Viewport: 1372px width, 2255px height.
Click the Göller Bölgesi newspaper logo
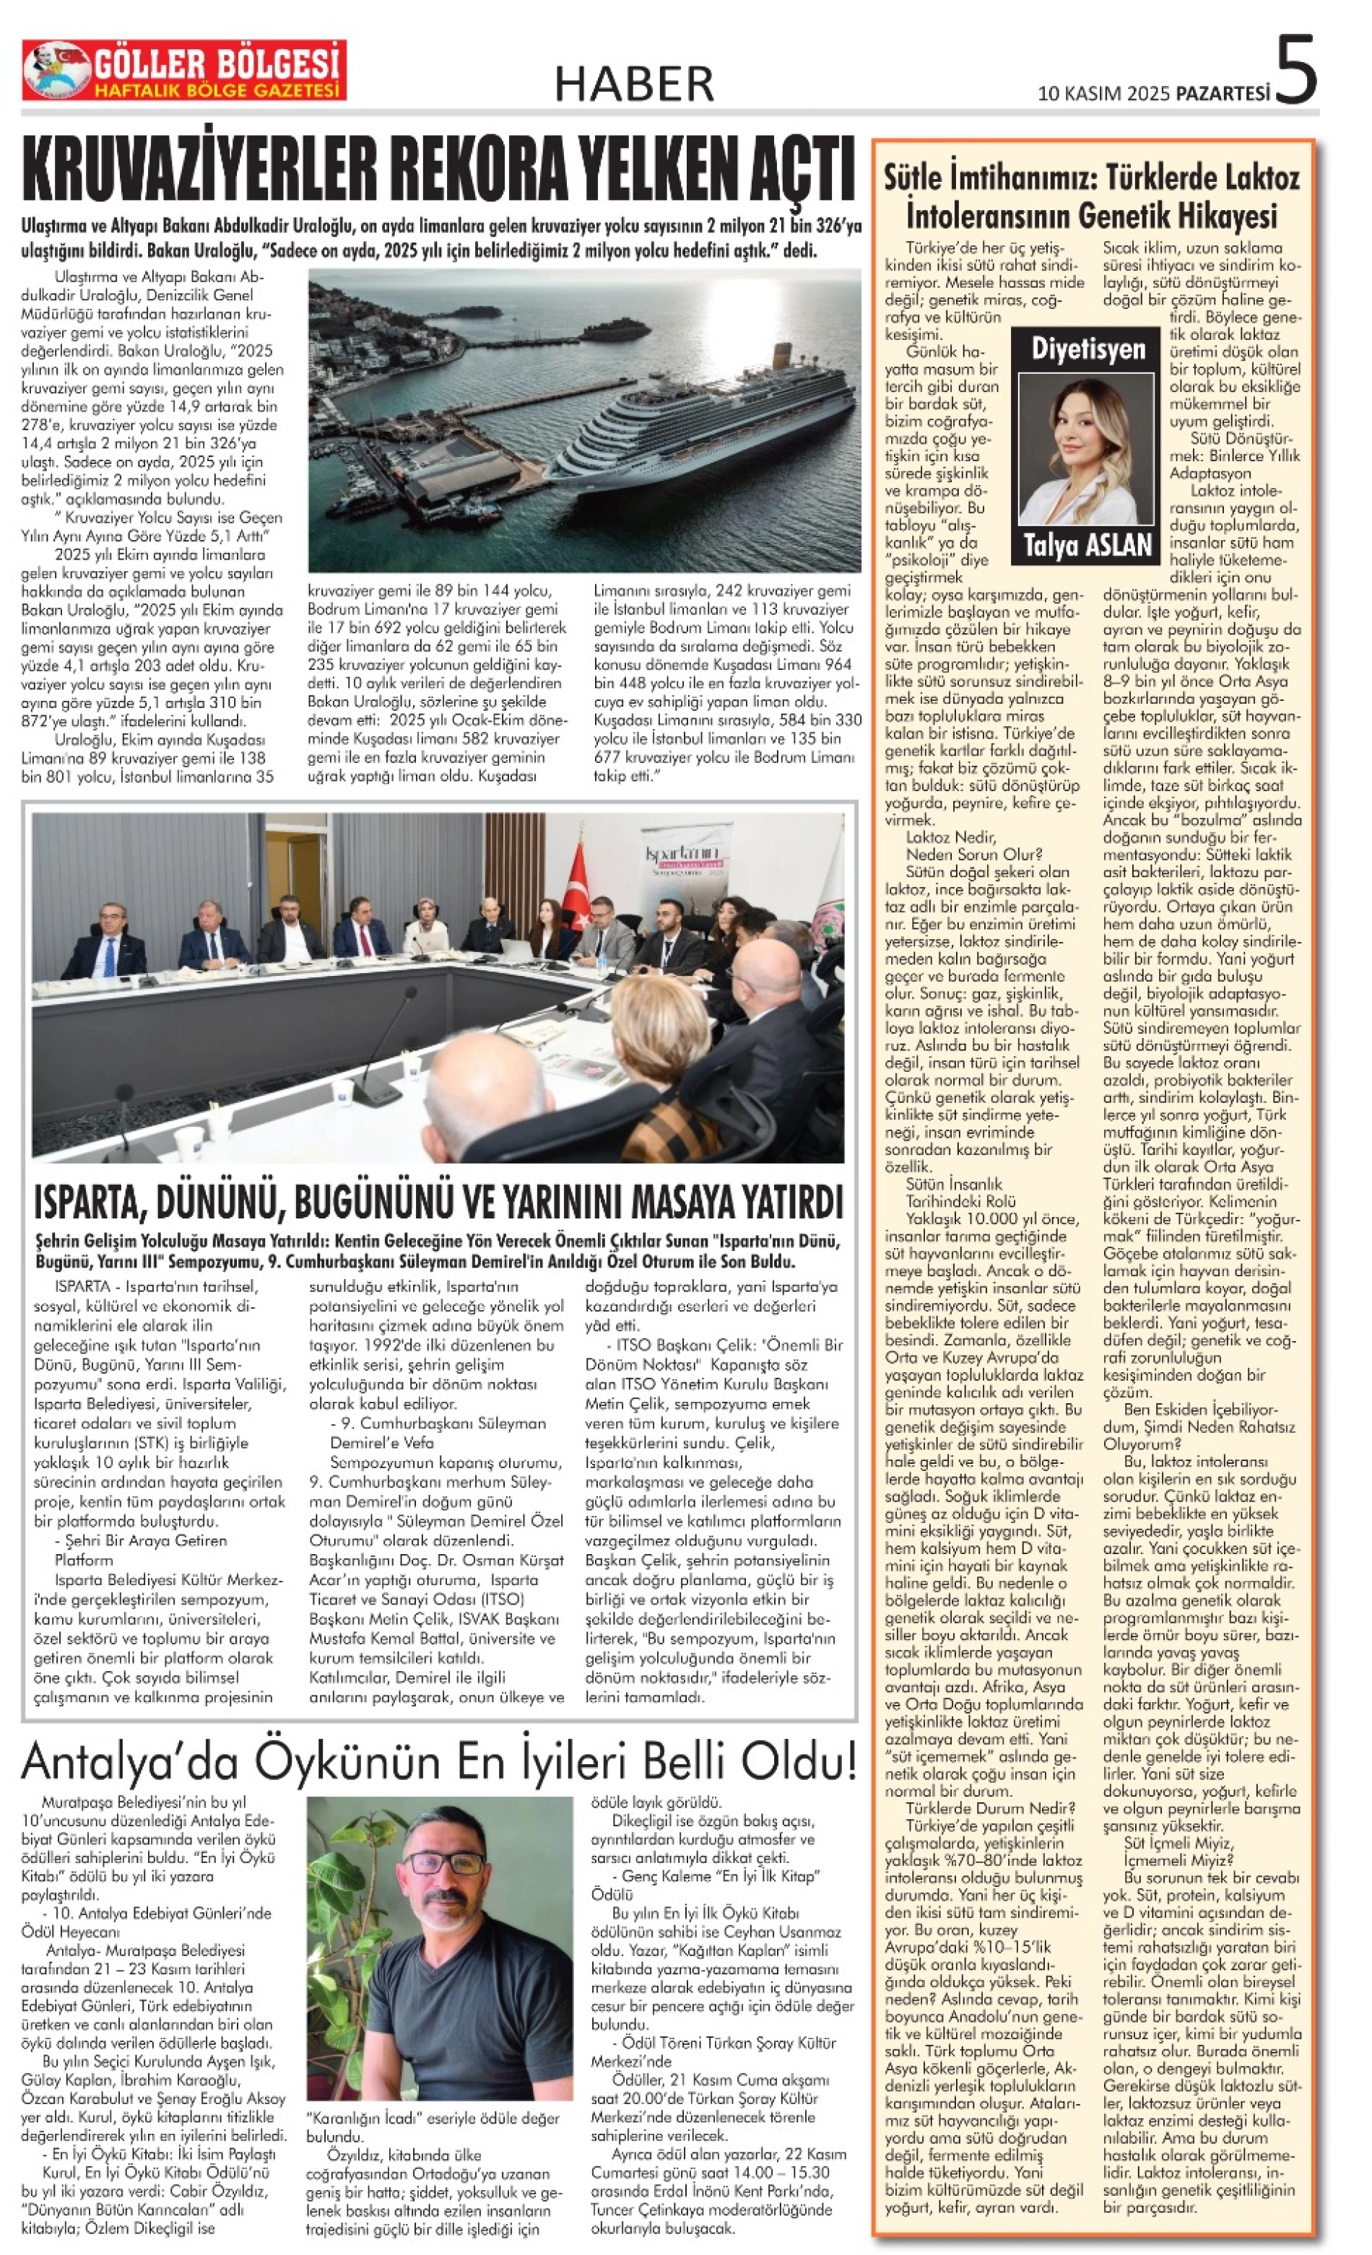pos(184,71)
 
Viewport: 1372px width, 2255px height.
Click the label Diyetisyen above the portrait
pos(1088,349)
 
